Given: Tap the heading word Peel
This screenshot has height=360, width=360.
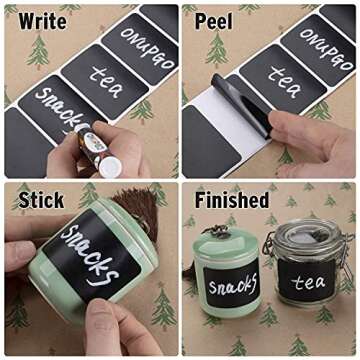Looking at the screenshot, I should pos(213,20).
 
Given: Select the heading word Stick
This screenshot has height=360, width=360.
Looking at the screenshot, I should pos(41,200).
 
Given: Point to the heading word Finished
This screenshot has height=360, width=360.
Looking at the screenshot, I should pos(231,200).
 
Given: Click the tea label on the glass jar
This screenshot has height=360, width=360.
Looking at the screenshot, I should pos(308,282).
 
